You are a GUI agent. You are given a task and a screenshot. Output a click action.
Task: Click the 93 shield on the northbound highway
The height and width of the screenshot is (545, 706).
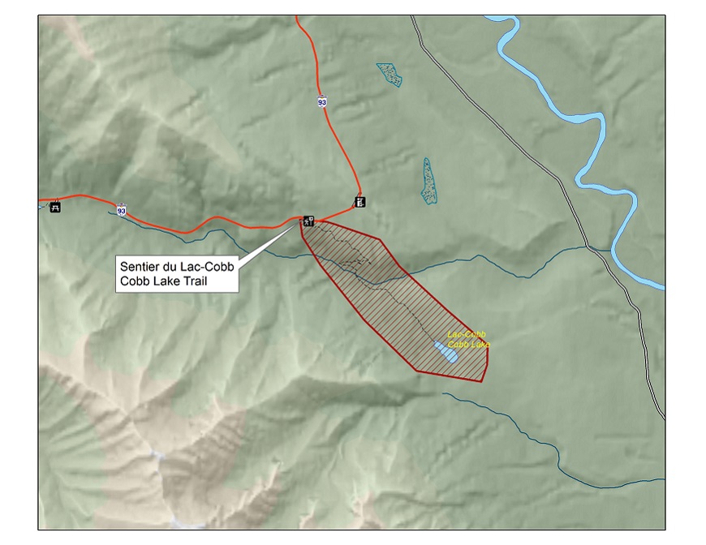[x=323, y=101]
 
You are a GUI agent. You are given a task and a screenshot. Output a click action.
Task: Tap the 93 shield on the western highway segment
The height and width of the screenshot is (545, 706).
[x=121, y=209]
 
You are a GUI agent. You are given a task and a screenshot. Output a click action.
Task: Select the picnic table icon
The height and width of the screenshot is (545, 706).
[x=55, y=206]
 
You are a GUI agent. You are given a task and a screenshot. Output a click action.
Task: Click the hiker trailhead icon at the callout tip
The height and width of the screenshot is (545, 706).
[x=308, y=221]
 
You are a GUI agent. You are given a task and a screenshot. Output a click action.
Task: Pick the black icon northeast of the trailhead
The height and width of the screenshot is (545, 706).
[x=359, y=201]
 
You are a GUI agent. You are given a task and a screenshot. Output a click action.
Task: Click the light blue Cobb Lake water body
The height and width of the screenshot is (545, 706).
[x=446, y=353]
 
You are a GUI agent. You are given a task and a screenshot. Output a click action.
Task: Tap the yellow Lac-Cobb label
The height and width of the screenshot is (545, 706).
[x=465, y=334]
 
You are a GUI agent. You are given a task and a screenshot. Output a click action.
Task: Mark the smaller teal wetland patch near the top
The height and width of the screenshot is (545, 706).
[x=390, y=75]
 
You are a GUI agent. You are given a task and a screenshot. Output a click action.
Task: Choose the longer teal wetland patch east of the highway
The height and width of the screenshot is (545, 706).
[x=428, y=180]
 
